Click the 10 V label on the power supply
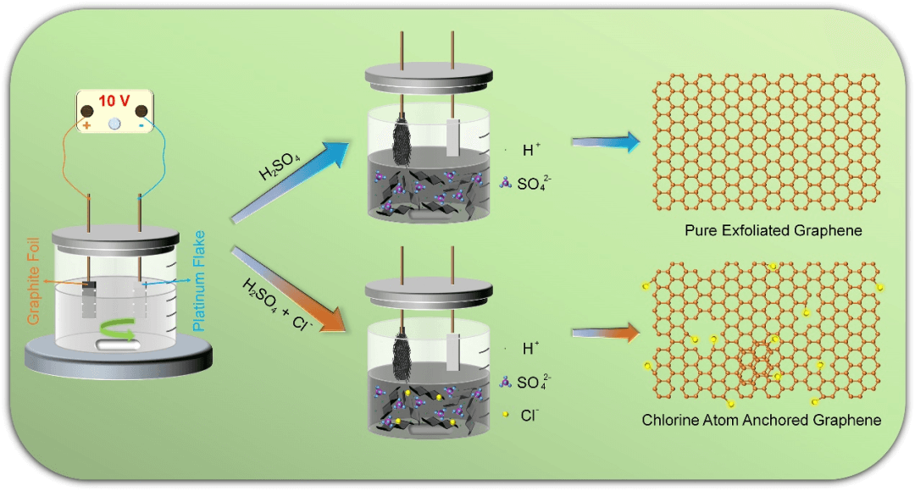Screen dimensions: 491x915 [x=114, y=102]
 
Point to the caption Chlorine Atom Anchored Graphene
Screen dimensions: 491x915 [x=762, y=420]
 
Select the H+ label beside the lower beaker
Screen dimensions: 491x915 [x=531, y=348]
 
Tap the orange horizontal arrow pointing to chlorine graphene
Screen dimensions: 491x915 [x=605, y=333]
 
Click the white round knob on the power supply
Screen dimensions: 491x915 [x=114, y=124]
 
